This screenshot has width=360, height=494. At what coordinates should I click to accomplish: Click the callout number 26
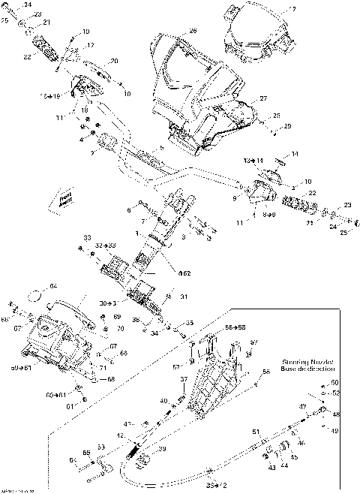coord(193,31)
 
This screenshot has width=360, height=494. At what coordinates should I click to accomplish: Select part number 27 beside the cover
coord(263,99)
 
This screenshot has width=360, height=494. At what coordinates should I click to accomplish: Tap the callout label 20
coord(114,61)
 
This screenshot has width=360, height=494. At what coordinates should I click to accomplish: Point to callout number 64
coord(53,285)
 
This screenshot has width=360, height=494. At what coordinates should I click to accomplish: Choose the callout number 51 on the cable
coord(254,431)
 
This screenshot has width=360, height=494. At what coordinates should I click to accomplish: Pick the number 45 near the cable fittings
coord(294,456)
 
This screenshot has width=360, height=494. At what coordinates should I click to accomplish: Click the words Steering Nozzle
coord(307,360)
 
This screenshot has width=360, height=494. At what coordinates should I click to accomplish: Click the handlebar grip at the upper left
coord(43,53)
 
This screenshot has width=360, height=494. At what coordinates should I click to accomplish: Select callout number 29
coord(286,127)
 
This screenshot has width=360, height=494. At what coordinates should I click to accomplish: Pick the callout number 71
coord(102,367)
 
